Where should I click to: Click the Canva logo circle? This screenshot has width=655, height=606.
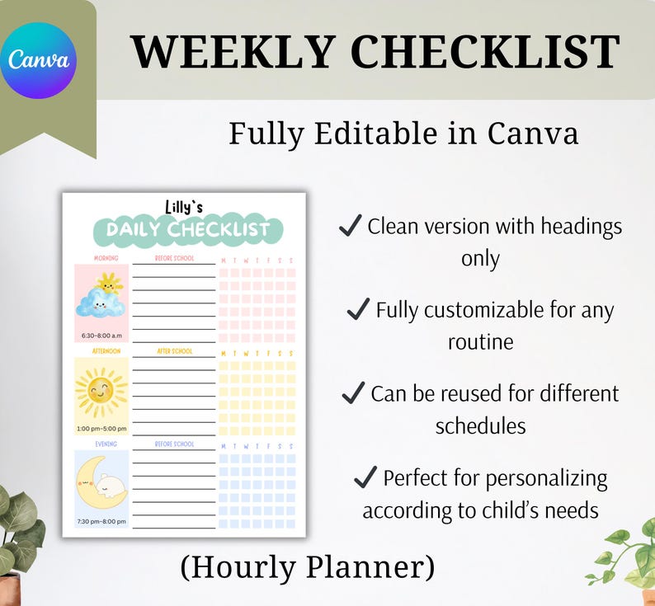[39, 60]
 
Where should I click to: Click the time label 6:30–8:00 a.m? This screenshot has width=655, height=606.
[101, 336]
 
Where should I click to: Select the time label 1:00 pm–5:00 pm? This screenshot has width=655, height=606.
[101, 429]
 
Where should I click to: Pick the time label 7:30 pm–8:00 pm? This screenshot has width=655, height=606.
[101, 521]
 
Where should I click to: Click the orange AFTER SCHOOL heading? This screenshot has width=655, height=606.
[174, 351]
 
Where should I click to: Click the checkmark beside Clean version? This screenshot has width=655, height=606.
[351, 225]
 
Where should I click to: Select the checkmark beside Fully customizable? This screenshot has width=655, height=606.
[357, 309]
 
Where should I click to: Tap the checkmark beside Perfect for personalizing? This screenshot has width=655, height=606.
[364, 477]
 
